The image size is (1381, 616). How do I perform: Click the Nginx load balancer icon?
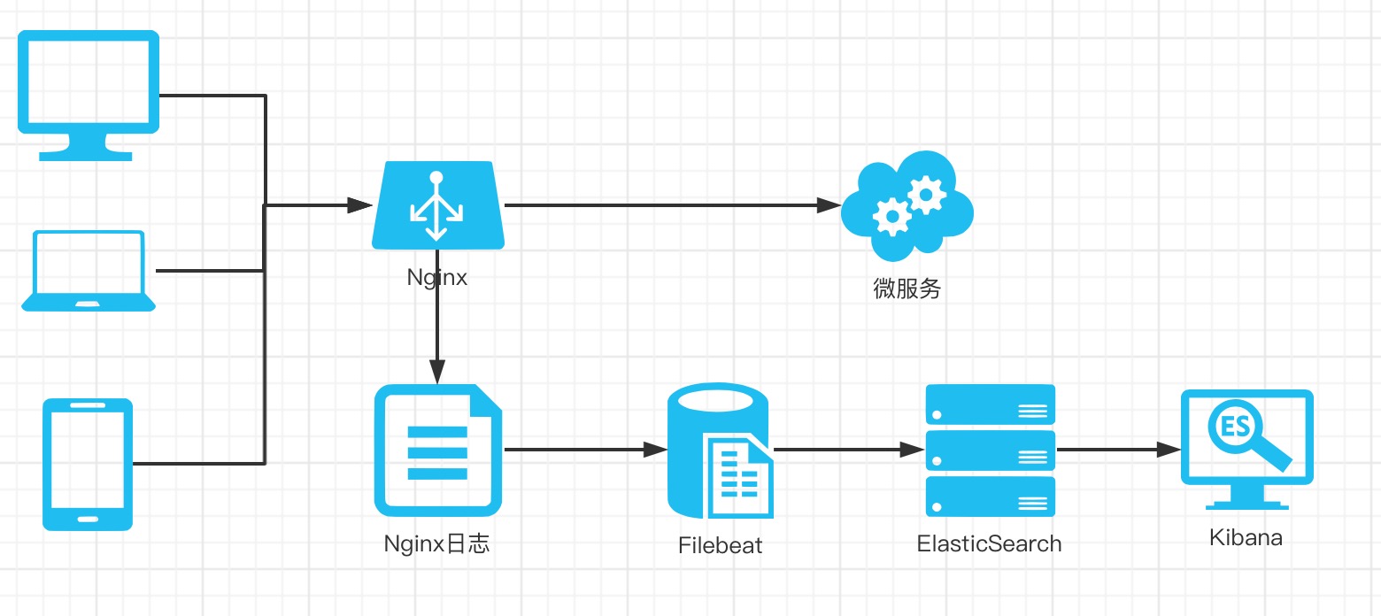click(x=437, y=205)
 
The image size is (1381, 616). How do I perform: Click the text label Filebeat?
click(x=720, y=545)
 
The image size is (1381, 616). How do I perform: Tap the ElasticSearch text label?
click(x=990, y=543)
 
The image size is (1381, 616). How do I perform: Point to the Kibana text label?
click(x=1246, y=538)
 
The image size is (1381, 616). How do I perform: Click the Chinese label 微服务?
click(x=907, y=289)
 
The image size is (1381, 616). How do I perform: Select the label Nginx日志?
click(x=436, y=543)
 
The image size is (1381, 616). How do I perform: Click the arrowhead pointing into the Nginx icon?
click(x=360, y=205)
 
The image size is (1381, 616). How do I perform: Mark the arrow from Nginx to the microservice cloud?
click(x=673, y=205)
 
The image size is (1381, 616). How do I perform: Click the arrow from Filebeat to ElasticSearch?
click(x=850, y=450)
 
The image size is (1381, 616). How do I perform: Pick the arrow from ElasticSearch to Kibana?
click(x=1119, y=450)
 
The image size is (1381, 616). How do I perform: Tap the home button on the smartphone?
click(x=88, y=520)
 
